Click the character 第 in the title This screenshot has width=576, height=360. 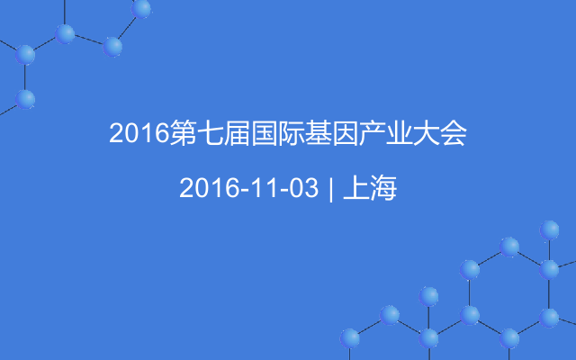183,132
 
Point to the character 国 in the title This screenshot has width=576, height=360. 264,132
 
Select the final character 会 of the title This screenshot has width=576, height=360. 454,132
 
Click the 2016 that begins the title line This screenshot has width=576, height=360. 139,133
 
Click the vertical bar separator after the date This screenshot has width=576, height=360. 331,189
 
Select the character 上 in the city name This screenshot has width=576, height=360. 356,188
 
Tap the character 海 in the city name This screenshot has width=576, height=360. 383,188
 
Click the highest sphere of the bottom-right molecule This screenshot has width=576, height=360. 549,230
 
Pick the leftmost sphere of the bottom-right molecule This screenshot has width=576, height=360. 350,338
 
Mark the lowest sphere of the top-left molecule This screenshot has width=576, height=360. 25,100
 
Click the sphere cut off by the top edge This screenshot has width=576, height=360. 141,8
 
